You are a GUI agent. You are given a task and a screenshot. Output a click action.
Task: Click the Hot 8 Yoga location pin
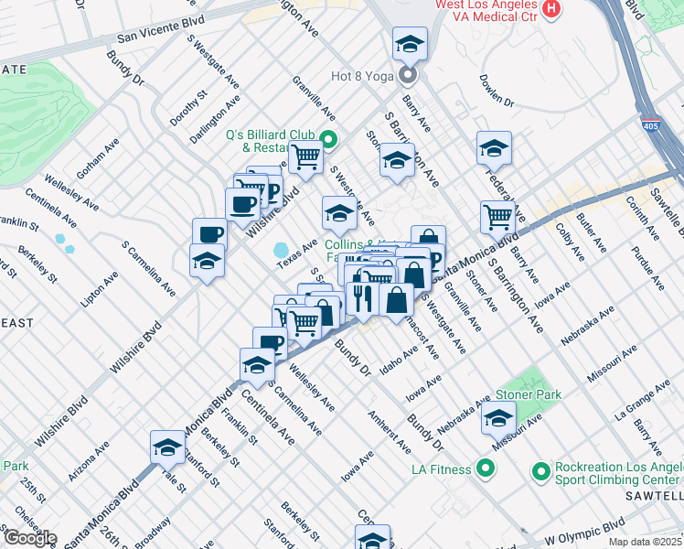click(409, 76)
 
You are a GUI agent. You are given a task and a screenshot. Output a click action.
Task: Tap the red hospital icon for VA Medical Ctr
click(550, 10)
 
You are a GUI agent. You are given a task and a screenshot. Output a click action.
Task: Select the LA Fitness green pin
click(486, 469)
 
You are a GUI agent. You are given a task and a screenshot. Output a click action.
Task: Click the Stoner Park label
click(526, 394)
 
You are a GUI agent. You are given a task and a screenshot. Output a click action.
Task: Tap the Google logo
click(29, 538)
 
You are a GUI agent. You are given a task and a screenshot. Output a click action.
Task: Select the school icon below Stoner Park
click(498, 420)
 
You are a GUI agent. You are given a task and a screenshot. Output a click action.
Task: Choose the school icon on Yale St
click(167, 447)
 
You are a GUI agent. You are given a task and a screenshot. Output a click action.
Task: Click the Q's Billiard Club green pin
click(328, 140)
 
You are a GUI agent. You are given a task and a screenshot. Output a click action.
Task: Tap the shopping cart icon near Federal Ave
click(497, 217)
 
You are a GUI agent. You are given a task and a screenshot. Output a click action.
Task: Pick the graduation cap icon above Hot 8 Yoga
click(410, 43)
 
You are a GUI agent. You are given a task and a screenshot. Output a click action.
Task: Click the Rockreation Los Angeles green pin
click(540, 470)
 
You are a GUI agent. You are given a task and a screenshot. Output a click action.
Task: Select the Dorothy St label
click(188, 107)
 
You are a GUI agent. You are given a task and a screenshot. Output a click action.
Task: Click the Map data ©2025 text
click(646, 541)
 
